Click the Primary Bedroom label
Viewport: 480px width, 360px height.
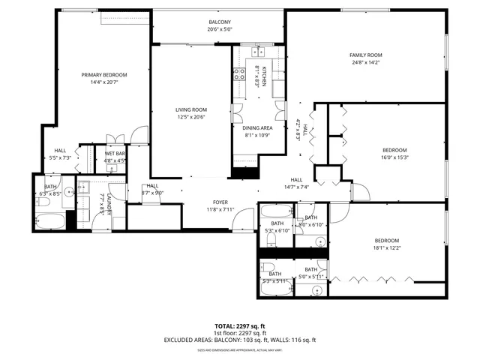(x=104, y=75)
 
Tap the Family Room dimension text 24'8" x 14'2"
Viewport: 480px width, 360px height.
(x=365, y=63)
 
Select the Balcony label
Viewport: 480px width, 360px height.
(x=220, y=22)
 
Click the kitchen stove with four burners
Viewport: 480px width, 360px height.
(x=241, y=74)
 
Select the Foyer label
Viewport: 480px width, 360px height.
(x=220, y=202)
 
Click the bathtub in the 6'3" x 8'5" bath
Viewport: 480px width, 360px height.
(x=50, y=221)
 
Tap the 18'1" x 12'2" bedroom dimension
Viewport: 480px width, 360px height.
(x=388, y=248)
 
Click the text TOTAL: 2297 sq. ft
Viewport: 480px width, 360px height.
(x=240, y=325)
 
